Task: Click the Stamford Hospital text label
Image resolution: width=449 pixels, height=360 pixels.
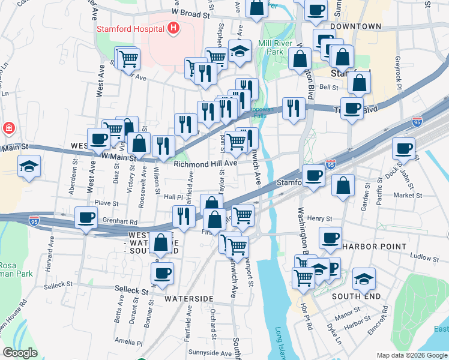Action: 131,28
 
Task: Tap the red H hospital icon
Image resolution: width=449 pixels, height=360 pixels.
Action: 173,28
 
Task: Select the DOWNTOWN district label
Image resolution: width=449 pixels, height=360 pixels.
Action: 355,26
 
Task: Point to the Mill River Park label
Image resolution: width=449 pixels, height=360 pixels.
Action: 275,47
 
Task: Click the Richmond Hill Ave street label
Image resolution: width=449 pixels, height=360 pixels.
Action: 206,163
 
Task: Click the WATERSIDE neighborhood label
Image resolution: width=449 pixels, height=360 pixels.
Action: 189,298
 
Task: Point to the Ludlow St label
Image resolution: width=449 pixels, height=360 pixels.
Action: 424,257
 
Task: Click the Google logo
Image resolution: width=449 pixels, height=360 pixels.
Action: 20,353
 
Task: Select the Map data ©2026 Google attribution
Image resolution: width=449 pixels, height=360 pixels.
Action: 412,355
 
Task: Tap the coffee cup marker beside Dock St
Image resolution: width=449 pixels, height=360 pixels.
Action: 404,148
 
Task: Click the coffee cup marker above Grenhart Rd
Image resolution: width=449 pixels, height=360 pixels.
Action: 86,218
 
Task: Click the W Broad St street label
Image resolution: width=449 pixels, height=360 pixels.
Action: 193,12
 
